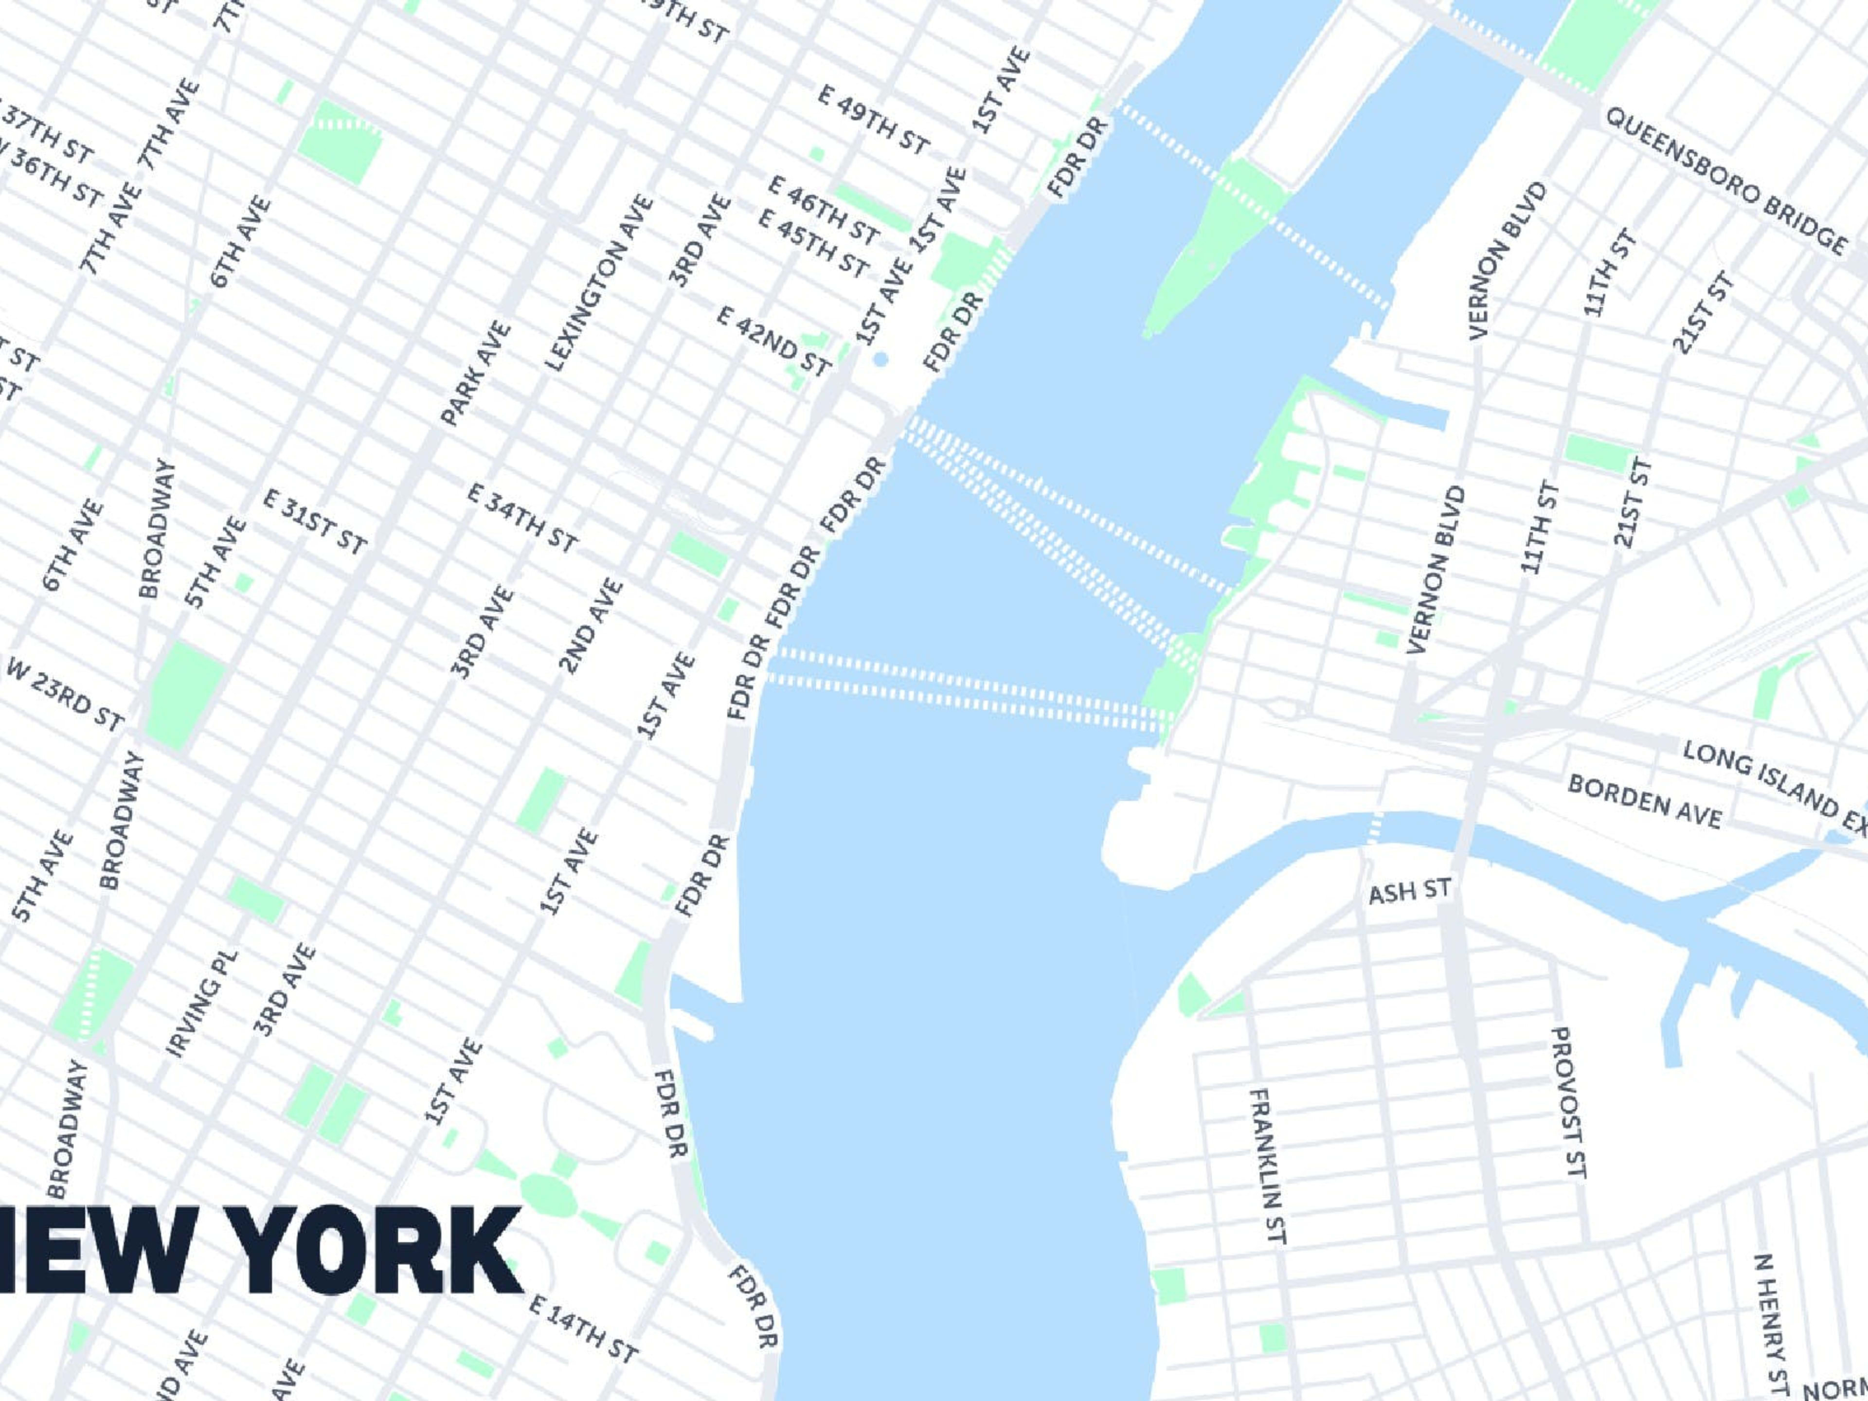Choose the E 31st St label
[314, 521]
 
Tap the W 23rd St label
[65, 693]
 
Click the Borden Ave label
[1644, 801]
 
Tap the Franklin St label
[1268, 1166]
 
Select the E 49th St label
[873, 119]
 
